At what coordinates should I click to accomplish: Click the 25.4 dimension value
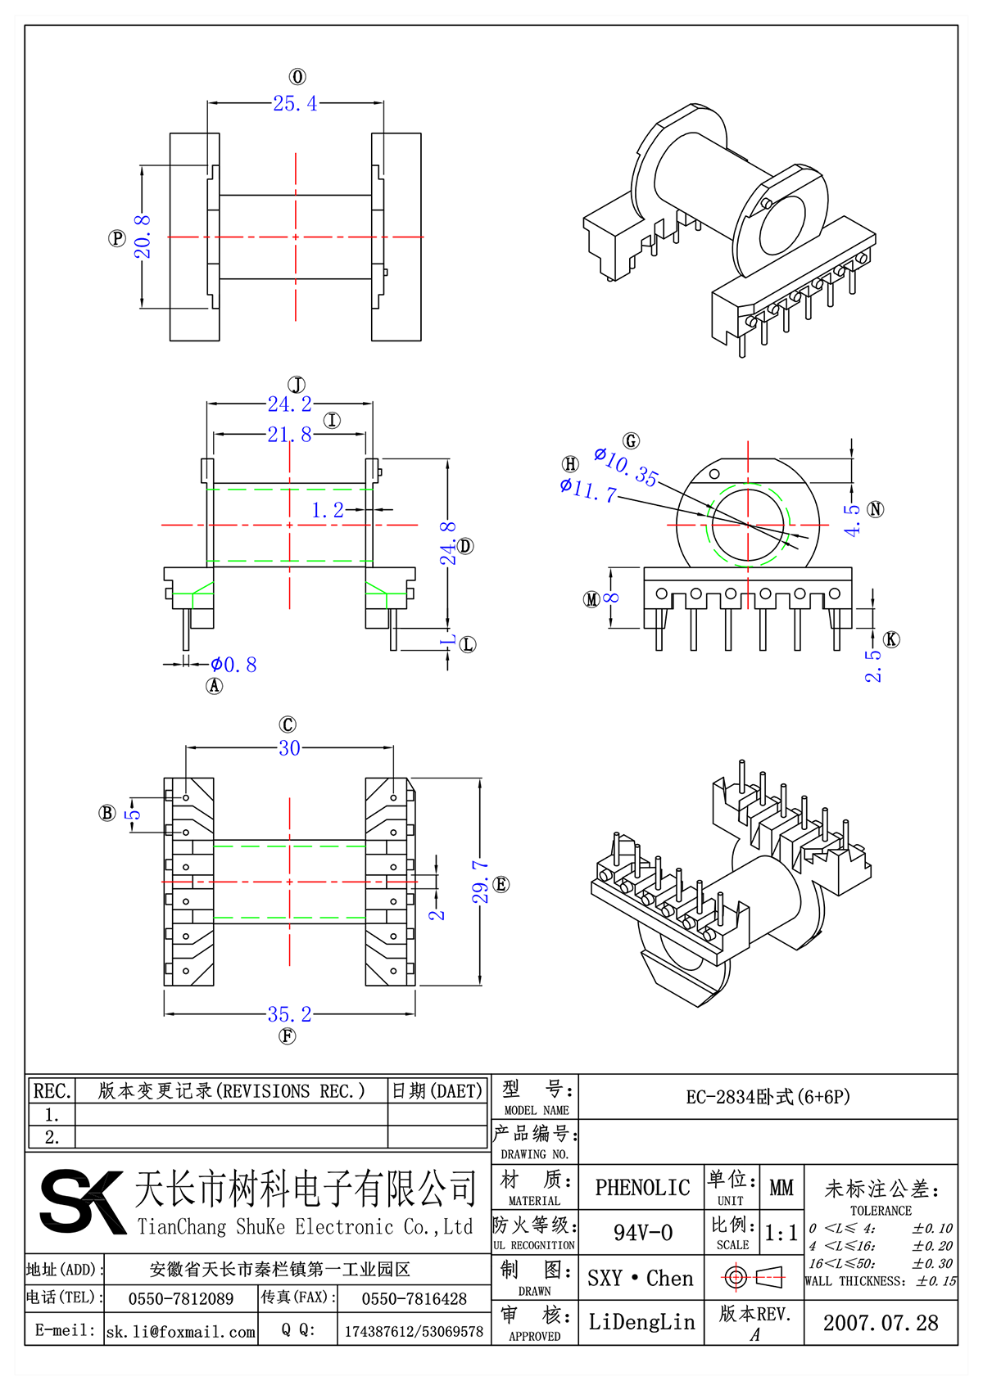(295, 104)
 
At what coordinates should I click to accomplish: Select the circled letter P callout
(117, 238)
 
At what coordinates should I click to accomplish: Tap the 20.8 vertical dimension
(143, 237)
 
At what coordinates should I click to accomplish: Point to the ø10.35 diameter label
(626, 466)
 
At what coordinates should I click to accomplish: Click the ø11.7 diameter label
(588, 490)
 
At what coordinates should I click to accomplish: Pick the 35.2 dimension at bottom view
(289, 1014)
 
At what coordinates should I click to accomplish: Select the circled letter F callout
(287, 1036)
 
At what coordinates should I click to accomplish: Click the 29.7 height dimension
(481, 882)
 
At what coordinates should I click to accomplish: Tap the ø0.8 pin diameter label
(233, 665)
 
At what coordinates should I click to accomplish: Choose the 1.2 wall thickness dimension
(328, 511)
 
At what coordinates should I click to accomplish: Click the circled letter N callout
(876, 509)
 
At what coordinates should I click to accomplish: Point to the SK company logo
(81, 1202)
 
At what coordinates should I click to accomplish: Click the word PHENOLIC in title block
(642, 1188)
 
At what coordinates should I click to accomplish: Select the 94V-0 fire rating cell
(642, 1233)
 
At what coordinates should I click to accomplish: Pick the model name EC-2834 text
(768, 1097)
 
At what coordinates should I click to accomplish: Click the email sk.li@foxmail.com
(181, 1332)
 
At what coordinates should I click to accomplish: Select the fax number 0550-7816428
(414, 1299)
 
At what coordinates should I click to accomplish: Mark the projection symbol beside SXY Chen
(754, 1277)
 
